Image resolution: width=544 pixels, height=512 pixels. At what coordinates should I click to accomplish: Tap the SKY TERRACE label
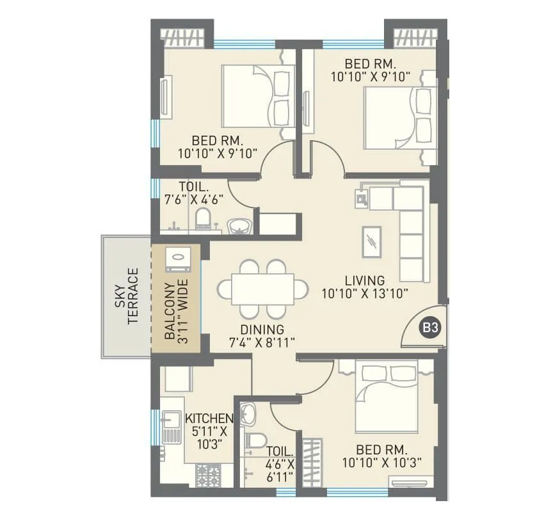tap(126, 296)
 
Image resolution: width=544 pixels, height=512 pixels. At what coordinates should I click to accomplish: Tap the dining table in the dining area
tap(263, 289)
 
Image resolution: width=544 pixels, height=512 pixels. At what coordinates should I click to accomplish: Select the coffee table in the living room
tap(372, 242)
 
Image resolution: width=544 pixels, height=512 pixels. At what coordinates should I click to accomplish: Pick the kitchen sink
tap(172, 423)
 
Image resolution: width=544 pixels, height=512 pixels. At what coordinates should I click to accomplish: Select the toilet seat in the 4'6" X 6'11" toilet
tap(255, 442)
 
